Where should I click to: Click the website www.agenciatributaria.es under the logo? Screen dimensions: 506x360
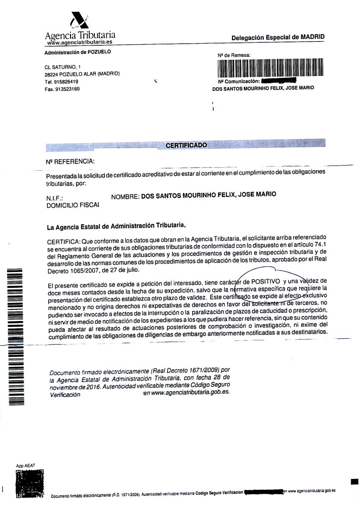(80, 42)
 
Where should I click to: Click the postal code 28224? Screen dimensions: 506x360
(51, 74)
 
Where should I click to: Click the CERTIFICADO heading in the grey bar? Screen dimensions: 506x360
(186, 145)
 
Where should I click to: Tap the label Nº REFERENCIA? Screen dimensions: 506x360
(70, 161)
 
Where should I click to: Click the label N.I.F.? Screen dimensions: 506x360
(54, 198)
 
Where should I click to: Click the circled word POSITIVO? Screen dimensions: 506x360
(266, 281)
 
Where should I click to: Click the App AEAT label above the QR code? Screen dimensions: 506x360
(25, 465)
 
